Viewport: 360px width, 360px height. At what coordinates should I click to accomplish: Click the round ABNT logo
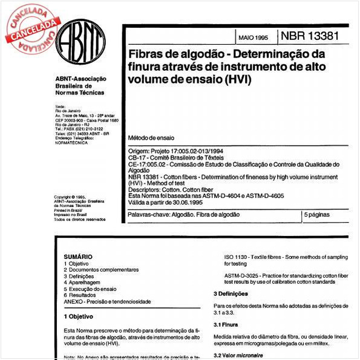(x=81, y=45)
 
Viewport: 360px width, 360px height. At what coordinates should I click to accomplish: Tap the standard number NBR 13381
(x=309, y=37)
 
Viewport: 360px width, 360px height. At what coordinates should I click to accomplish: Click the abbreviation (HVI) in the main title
(x=238, y=79)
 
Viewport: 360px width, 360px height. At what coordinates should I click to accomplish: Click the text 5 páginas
(x=316, y=214)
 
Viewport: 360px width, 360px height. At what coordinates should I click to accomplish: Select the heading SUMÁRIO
(x=78, y=257)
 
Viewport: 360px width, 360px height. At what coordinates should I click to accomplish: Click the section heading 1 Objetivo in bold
(x=79, y=316)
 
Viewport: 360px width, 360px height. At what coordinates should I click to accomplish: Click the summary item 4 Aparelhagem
(x=84, y=283)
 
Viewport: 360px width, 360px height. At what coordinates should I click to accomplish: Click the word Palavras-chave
(x=147, y=215)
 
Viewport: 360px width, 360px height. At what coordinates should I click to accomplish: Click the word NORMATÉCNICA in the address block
(x=71, y=147)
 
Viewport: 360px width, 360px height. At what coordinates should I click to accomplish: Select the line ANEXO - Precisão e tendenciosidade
(x=107, y=301)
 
